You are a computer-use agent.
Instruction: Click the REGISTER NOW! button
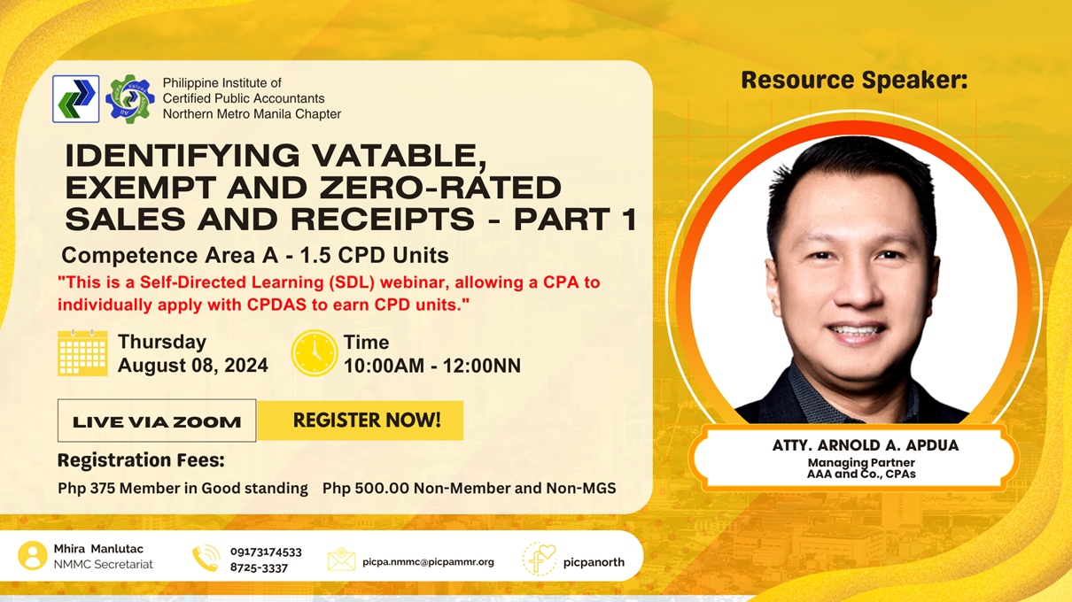pyautogui.click(x=361, y=421)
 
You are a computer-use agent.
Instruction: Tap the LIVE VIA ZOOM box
pyautogui.click(x=157, y=421)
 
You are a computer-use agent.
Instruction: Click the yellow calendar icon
pyautogui.click(x=82, y=353)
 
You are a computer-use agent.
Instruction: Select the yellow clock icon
pyautogui.click(x=315, y=353)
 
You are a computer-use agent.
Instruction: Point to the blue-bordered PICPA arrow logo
pyautogui.click(x=76, y=99)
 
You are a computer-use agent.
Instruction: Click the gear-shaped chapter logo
pyautogui.click(x=129, y=99)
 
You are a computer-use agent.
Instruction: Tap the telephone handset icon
pyautogui.click(x=206, y=559)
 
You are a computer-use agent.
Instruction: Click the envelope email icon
pyautogui.click(x=341, y=560)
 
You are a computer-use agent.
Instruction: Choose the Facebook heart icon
pyautogui.click(x=540, y=559)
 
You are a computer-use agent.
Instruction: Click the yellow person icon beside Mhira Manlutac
pyautogui.click(x=33, y=556)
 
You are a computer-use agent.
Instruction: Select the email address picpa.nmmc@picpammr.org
pyautogui.click(x=428, y=562)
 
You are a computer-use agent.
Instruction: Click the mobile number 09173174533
pyautogui.click(x=266, y=552)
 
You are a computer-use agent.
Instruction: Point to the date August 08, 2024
pyautogui.click(x=193, y=366)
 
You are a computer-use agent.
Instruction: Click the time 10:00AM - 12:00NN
pyautogui.click(x=432, y=366)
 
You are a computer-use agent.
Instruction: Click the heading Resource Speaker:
pyautogui.click(x=854, y=81)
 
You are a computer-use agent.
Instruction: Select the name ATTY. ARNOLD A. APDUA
pyautogui.click(x=866, y=445)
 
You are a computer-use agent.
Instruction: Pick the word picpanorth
pyautogui.click(x=594, y=562)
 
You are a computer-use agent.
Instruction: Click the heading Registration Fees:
pyautogui.click(x=141, y=460)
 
